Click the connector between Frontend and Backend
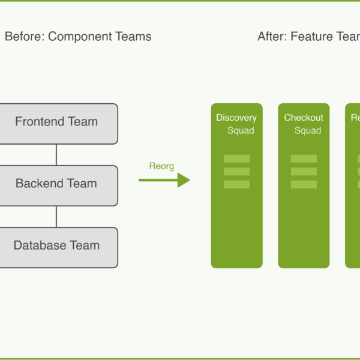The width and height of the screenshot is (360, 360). pos(56,154)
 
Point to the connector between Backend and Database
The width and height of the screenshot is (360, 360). pos(56,216)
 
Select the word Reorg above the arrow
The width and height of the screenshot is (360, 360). pos(161,166)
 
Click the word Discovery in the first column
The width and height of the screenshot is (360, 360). pos(236,118)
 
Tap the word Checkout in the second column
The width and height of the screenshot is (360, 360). pos(304,118)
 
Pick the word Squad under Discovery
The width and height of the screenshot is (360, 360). pos(241,131)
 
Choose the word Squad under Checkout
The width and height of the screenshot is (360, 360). pos(308,131)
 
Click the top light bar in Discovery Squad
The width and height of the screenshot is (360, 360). pos(236,158)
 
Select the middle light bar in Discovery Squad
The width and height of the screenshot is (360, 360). pos(236,172)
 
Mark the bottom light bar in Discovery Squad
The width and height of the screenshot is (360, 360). pos(236,184)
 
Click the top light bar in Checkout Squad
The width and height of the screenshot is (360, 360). pos(304,158)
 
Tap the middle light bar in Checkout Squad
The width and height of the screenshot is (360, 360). pos(304,172)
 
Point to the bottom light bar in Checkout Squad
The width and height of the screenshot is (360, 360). pos(304,184)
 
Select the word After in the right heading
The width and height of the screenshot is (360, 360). pos(272,37)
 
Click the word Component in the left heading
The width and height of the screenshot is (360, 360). pos(77,37)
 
